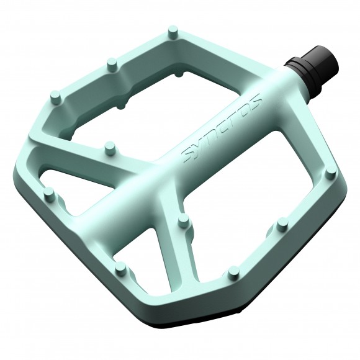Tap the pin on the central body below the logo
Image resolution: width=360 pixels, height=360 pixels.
point(182,220)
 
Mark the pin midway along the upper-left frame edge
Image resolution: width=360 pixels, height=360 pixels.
point(112,63)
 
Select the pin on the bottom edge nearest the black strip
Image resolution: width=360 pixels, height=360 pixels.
point(233,271)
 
